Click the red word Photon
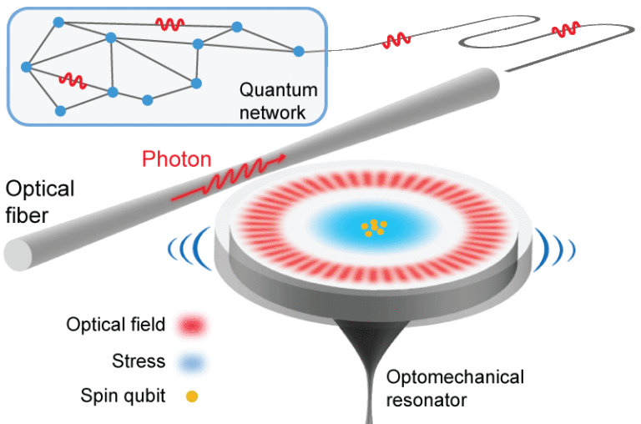point(176,159)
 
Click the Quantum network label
point(272,100)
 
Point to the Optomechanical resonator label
point(454,388)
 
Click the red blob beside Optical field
point(191,326)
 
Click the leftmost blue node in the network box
point(26,66)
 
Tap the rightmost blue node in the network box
point(299,51)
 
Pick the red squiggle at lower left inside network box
point(72,80)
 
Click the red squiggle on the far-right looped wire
point(566,29)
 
